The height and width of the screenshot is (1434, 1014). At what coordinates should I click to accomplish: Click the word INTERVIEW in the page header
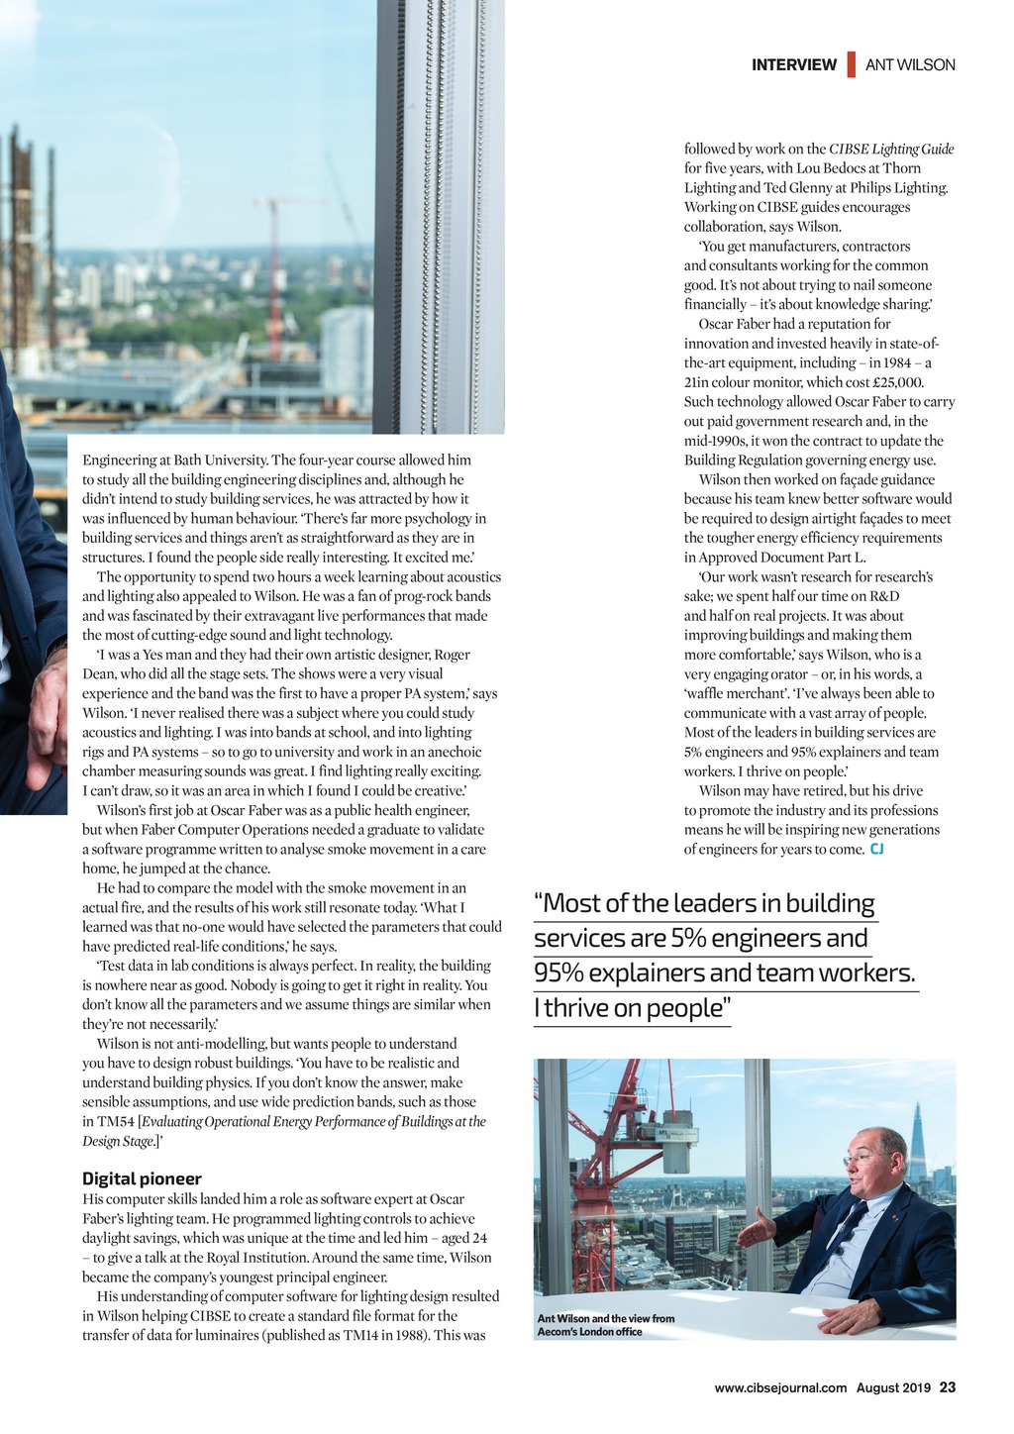pyautogui.click(x=793, y=65)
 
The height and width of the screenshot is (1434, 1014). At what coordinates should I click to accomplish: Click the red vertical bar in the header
pyautogui.click(x=851, y=65)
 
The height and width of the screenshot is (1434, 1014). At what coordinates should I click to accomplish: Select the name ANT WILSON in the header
pyautogui.click(x=910, y=65)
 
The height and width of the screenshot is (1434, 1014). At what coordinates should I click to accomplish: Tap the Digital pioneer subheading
pyautogui.click(x=142, y=1178)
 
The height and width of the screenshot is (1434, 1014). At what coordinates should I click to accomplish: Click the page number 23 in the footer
pyautogui.click(x=948, y=1387)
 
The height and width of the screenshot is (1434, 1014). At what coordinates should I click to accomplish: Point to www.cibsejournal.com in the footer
pyautogui.click(x=780, y=1387)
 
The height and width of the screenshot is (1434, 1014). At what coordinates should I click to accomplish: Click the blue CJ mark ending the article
pyautogui.click(x=876, y=850)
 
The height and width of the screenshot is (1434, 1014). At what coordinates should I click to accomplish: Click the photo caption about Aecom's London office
pyautogui.click(x=605, y=1325)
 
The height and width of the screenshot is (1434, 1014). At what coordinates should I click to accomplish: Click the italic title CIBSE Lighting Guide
pyautogui.click(x=891, y=150)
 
